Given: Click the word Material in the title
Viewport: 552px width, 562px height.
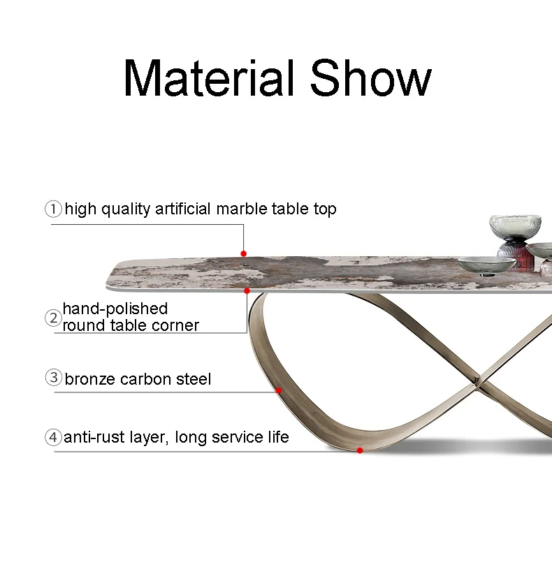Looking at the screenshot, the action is click(x=209, y=78).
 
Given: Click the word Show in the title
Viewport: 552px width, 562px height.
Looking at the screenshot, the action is click(x=370, y=78).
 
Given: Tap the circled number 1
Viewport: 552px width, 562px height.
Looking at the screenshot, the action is click(x=53, y=209).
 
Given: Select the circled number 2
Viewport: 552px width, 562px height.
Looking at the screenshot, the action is click(x=53, y=318).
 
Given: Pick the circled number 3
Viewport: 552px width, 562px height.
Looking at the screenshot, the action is click(x=54, y=378).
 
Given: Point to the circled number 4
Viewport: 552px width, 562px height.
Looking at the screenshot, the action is click(x=53, y=437).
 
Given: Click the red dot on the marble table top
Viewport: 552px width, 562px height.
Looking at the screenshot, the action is click(x=244, y=253).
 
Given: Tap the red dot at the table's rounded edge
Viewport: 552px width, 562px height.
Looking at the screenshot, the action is click(x=247, y=290).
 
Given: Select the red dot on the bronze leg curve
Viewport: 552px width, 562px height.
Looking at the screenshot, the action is click(x=278, y=390).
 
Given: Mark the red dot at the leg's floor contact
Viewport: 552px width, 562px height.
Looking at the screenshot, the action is click(x=360, y=450).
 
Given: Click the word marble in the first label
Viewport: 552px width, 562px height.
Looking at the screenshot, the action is click(x=242, y=209).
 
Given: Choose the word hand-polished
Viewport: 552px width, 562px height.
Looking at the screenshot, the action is click(x=115, y=309).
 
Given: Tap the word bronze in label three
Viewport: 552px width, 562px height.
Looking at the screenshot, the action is click(x=90, y=379).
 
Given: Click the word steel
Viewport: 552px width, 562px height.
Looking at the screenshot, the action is click(x=194, y=379).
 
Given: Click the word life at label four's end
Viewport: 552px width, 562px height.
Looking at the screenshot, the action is click(x=278, y=437).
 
